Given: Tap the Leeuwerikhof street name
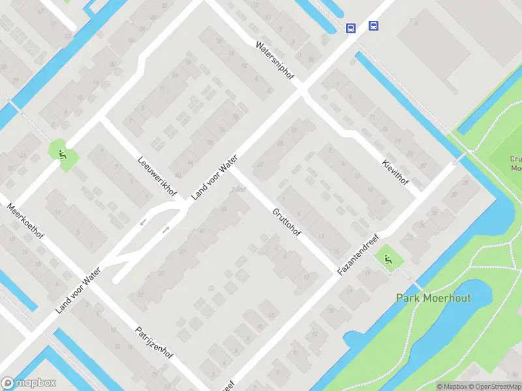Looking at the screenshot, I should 157,175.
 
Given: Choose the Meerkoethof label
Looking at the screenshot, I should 25,222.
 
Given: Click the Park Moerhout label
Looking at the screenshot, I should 433,298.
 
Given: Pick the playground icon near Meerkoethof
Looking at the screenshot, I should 63,154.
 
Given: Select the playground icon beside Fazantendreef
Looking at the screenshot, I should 388,259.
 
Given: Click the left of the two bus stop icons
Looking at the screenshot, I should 351,28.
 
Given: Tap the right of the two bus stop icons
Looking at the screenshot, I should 373,25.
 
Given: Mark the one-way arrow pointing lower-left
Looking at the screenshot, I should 144,223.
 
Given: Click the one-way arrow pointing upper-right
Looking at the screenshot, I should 166,229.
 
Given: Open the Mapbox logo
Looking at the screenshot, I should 29,383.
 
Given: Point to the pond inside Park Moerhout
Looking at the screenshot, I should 457,326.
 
